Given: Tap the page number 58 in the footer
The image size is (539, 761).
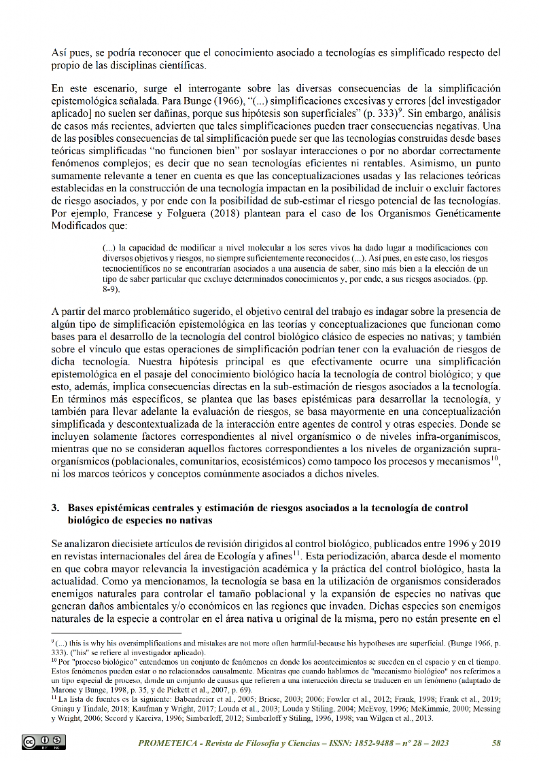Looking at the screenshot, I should click(x=496, y=743).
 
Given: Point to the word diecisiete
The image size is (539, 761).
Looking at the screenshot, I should click(x=140, y=544).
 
